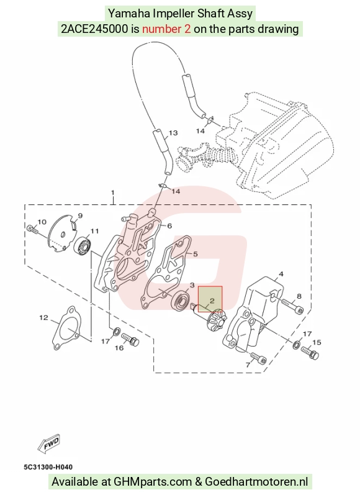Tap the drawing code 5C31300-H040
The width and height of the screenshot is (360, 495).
coord(48,467)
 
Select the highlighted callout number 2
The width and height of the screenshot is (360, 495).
coord(212,301)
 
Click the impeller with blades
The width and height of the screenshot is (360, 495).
coord(217,319)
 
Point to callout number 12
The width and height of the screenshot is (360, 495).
coord(44,317)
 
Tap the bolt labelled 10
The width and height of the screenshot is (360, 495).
coord(32,229)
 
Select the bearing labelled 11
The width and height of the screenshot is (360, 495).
coord(83,245)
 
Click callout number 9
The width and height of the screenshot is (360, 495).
coord(80,216)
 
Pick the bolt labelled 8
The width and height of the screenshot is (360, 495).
coord(292,306)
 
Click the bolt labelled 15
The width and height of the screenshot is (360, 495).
coord(310,353)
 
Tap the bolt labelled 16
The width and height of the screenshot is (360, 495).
coord(130,338)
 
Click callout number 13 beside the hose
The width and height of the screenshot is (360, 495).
coord(174,133)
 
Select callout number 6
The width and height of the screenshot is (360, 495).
coord(169,225)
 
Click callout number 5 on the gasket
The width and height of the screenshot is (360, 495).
coord(196,254)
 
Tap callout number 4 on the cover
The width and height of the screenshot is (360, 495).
coord(281,274)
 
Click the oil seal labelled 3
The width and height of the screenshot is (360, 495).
coord(180,301)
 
